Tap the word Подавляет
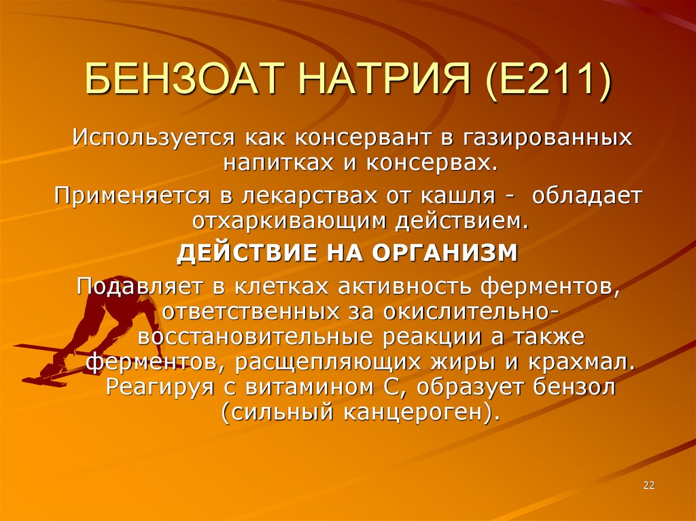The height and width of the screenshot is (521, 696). [137, 285]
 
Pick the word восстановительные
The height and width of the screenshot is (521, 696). [251, 336]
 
